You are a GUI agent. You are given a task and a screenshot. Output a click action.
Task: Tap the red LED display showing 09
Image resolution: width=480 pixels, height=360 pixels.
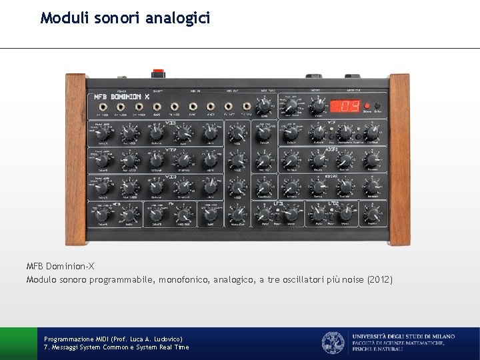(345, 106)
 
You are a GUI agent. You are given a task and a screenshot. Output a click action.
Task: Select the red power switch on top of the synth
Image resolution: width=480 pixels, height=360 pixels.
(159, 71)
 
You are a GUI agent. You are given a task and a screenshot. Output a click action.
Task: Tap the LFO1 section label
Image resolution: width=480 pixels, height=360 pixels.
(278, 202)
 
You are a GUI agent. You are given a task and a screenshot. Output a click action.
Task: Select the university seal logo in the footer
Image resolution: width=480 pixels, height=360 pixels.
(333, 343)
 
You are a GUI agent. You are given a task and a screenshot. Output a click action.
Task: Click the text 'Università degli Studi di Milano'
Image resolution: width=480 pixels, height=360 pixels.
(404, 337)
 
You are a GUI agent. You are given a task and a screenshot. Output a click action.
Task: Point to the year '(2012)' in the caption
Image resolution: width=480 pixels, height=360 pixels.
(380, 280)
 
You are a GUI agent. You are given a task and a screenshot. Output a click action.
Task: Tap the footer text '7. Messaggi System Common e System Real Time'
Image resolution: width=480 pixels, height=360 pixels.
(116, 347)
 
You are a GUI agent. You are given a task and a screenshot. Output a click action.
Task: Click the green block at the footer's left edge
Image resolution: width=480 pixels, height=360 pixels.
(18, 343)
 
